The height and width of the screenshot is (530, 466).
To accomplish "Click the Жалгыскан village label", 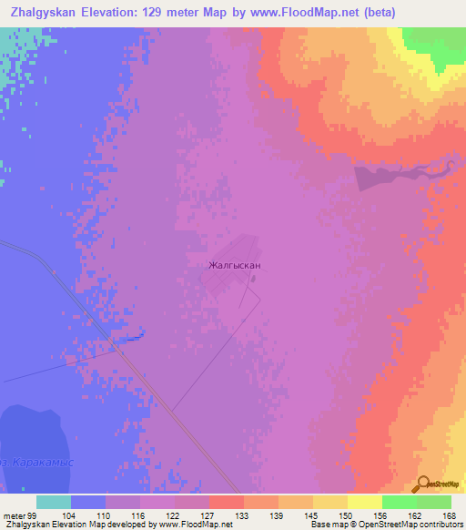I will point(235,266).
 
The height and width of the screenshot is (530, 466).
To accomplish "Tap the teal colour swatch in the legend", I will point(54,502).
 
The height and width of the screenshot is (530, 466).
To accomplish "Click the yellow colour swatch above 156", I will point(364,502).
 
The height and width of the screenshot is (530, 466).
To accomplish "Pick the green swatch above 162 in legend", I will point(399,502).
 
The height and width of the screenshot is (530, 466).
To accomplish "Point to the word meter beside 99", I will point(14,515).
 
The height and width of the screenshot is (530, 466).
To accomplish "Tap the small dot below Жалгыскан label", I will point(254,279).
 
